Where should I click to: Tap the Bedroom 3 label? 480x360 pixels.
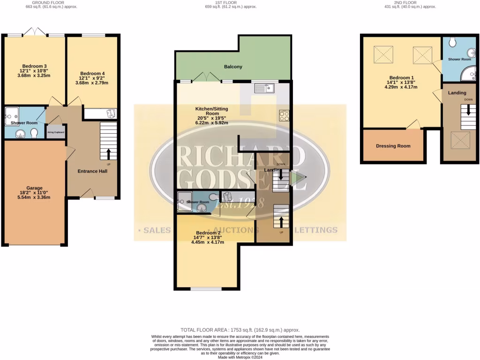[34, 66]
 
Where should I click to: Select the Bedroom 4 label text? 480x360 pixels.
[92, 74]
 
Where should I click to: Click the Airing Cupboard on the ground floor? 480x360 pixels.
[56, 132]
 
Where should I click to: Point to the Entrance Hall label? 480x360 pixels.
[92, 171]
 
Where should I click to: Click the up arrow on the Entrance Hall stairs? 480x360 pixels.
[109, 153]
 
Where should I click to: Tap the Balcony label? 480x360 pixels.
[233, 67]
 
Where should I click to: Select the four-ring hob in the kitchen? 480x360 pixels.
[284, 115]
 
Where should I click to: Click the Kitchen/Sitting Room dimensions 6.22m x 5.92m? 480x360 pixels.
[212, 123]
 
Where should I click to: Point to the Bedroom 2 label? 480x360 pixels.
[208, 233]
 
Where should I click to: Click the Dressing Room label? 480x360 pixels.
[393, 146]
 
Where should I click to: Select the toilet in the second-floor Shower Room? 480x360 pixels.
[452, 43]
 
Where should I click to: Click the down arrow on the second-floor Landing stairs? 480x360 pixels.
[468, 114]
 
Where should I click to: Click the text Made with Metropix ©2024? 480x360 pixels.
[240, 357]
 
